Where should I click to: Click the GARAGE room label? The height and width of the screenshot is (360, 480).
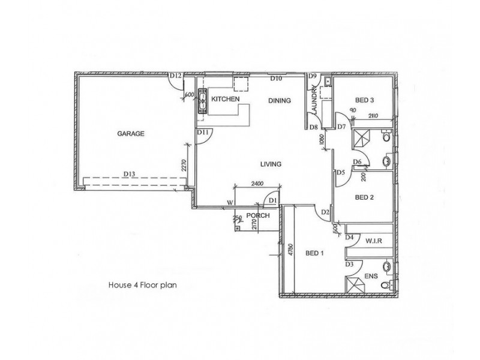(x=130, y=134)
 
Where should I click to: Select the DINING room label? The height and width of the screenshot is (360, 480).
(x=279, y=101)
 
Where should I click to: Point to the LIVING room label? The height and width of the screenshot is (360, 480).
(x=271, y=164)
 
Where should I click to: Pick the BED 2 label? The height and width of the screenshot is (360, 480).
(x=364, y=197)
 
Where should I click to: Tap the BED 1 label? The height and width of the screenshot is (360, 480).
(x=314, y=253)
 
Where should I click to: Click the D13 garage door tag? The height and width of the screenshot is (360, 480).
(x=129, y=174)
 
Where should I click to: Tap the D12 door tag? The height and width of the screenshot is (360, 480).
(x=175, y=76)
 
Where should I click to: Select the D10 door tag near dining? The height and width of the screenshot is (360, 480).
(x=276, y=78)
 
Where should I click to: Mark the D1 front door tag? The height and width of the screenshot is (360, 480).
(x=272, y=200)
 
